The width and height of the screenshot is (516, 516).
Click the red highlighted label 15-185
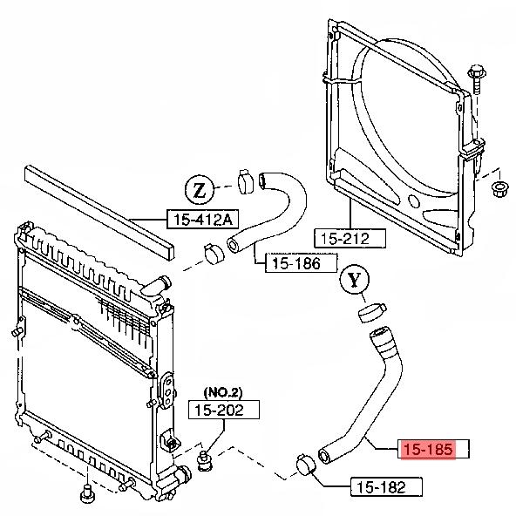click(427, 450)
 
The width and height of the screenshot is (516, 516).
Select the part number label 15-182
click(379, 487)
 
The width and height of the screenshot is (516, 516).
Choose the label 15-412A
click(200, 220)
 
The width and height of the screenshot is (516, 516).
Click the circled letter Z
click(199, 188)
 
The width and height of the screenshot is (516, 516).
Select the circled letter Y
click(353, 281)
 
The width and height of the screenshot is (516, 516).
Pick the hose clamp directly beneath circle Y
click(371, 311)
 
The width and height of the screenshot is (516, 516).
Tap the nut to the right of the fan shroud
click(500, 188)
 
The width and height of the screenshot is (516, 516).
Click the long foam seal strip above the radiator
click(96, 208)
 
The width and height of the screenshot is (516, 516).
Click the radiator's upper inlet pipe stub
click(159, 284)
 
